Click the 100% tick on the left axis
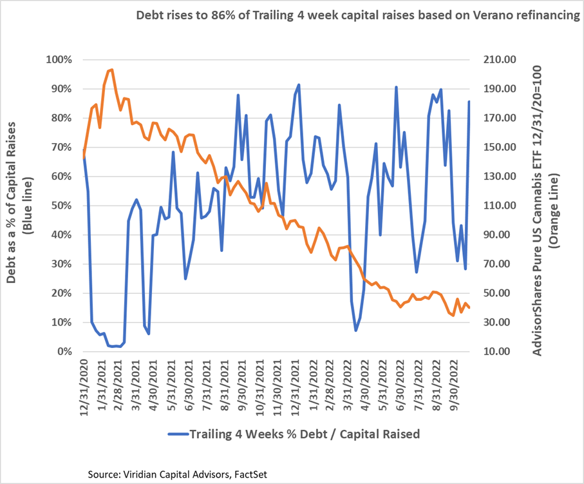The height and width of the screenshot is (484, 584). point(59,60)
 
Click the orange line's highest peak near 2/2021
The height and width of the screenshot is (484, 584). point(111,70)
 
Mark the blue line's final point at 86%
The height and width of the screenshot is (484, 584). point(469,101)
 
